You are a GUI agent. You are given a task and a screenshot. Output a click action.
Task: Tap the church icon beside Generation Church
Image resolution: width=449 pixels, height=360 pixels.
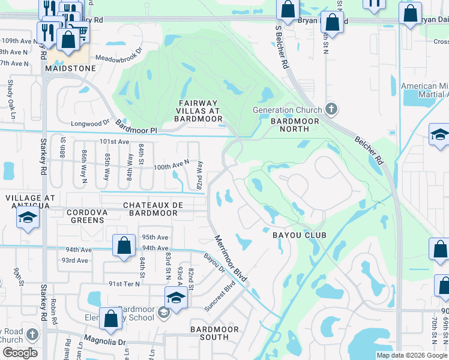pyautogui.click(x=330, y=109)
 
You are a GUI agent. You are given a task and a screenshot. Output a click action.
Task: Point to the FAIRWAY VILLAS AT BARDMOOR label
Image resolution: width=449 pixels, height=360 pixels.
pyautogui.click(x=199, y=110)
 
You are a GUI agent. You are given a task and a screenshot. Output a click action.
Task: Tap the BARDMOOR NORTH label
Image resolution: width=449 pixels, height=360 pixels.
pyautogui.click(x=295, y=125)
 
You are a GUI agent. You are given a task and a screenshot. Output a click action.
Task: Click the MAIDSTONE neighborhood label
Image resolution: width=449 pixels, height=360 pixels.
pyautogui.click(x=70, y=69)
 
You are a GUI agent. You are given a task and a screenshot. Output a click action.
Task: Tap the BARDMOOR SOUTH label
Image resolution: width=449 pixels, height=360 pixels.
pyautogui.click(x=214, y=334)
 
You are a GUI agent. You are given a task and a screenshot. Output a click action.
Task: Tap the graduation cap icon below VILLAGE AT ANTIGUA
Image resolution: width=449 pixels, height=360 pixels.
pyautogui.click(x=28, y=220)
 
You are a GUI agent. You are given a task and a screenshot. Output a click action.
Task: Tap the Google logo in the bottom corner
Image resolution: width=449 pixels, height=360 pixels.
pyautogui.click(x=20, y=353)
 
